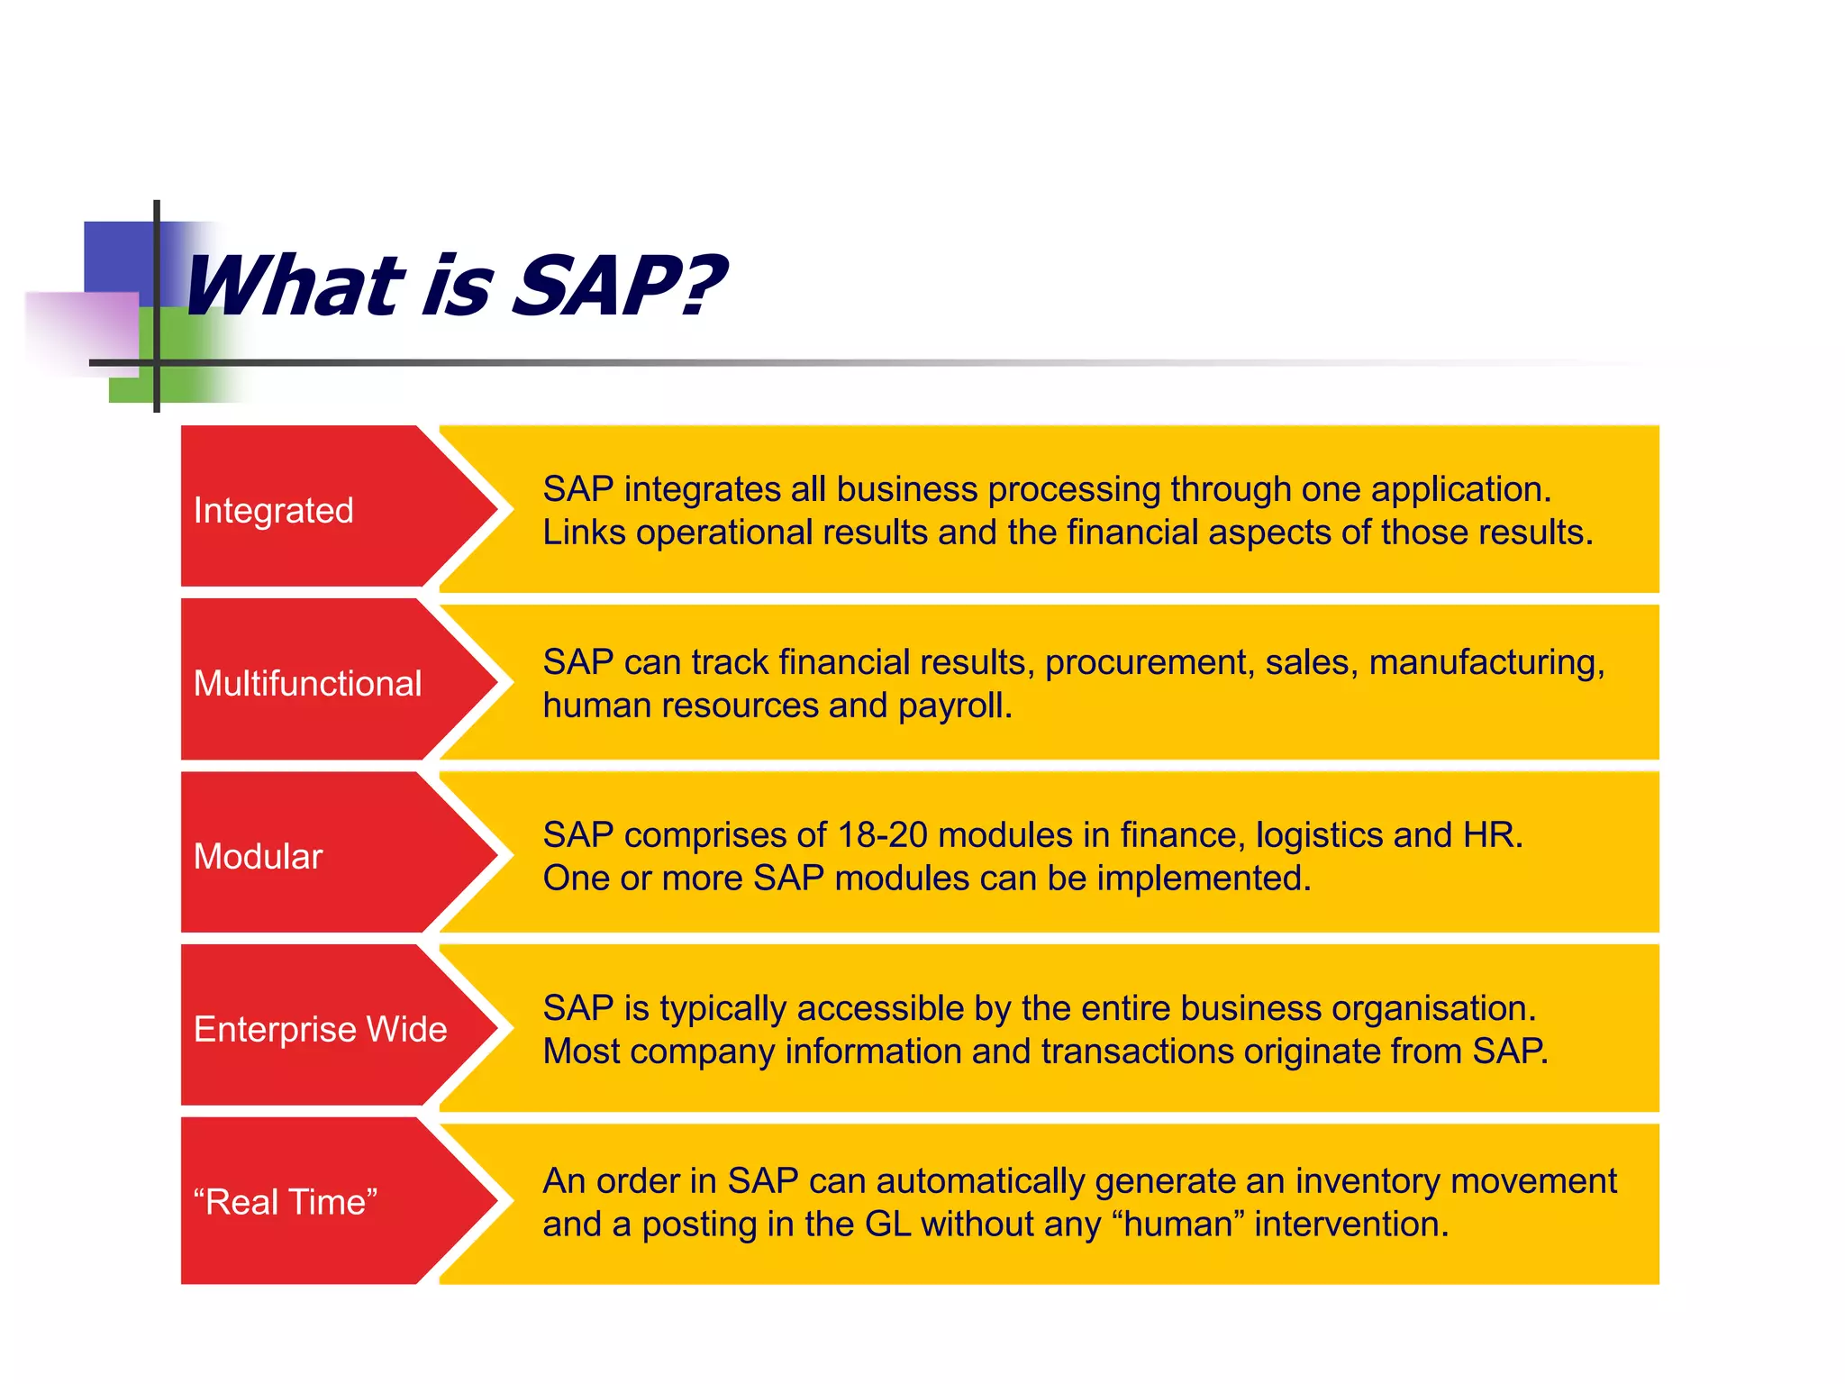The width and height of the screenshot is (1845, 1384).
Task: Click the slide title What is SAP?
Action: click(x=453, y=287)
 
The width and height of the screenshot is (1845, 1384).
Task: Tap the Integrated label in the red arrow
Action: click(x=273, y=511)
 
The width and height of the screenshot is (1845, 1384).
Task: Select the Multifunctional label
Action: click(x=307, y=684)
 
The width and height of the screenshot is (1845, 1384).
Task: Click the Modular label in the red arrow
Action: click(x=258, y=857)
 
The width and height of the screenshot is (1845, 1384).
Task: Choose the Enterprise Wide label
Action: click(x=320, y=1030)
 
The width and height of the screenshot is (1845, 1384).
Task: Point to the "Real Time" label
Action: click(x=285, y=1203)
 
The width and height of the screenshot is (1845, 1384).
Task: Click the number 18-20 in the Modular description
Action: click(x=882, y=835)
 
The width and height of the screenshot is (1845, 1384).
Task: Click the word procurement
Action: click(x=1149, y=663)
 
